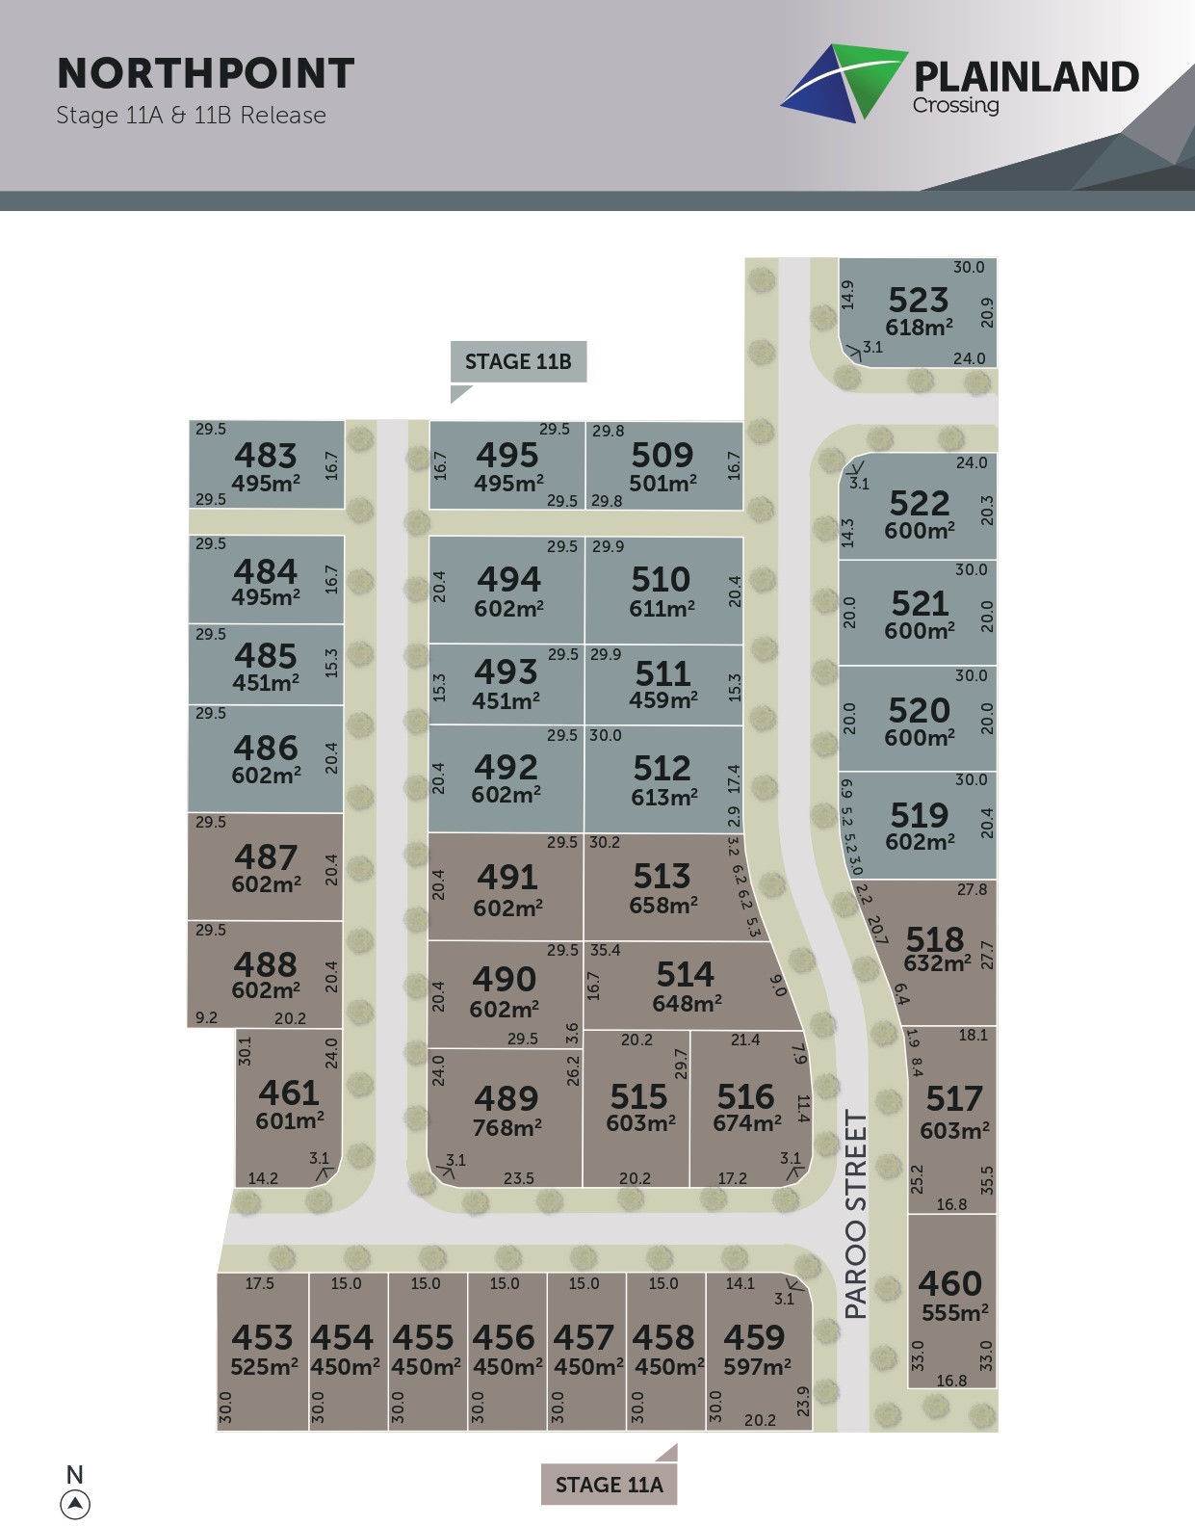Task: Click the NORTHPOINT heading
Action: pos(206,74)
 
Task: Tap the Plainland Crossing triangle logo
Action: pos(844,82)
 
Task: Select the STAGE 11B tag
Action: pos(518,362)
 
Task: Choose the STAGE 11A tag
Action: pos(609,1485)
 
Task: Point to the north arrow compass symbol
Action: pos(75,1503)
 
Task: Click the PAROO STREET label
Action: pos(856,1214)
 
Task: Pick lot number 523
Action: pos(918,300)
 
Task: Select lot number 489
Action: pos(506,1098)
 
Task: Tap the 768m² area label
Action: pos(507,1127)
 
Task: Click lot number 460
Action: pos(949,1283)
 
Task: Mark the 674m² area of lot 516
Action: pos(747,1123)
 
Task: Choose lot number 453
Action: pos(262,1337)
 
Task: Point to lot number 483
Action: pos(266,455)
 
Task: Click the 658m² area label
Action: pos(663,906)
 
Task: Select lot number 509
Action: pos(662,455)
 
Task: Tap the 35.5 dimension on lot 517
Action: pos(987,1180)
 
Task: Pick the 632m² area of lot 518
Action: pos(937,963)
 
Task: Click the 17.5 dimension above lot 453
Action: pos(259,1283)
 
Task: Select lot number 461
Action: pos(289,1093)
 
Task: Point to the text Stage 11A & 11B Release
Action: pos(191,116)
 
